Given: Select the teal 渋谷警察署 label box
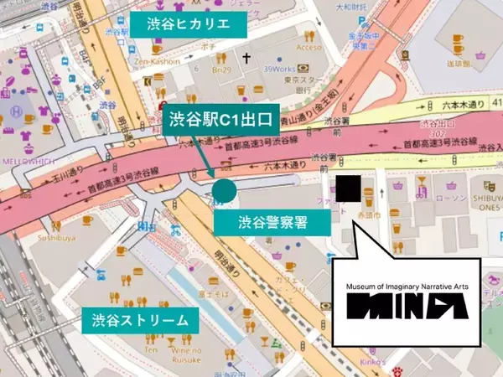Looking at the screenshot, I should [x=271, y=222].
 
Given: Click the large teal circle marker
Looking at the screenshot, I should [x=224, y=191].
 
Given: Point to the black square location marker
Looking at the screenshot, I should [x=347, y=188].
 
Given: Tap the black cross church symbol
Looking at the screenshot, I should [x=246, y=59].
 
